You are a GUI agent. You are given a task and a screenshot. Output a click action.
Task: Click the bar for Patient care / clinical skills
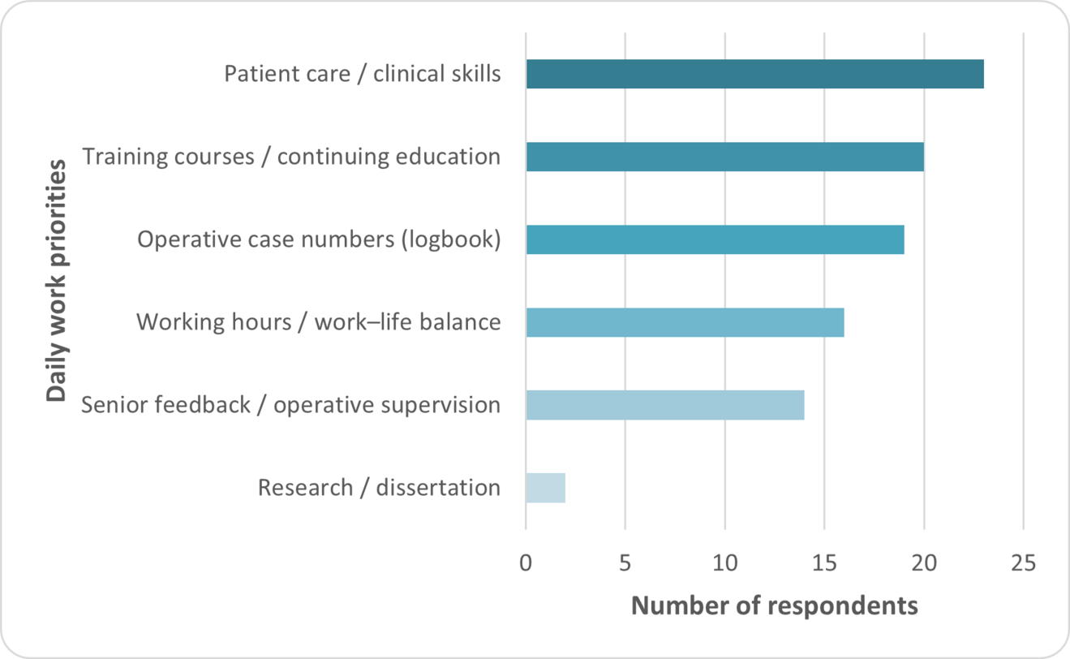pos(754,74)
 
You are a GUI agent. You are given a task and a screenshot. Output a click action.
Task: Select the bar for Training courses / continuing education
pos(724,157)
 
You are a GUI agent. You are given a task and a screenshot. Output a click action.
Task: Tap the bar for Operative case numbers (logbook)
pos(715,239)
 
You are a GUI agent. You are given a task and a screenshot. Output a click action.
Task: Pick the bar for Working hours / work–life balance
pos(685,322)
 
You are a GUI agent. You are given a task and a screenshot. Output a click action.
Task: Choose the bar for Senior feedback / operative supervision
pos(665,405)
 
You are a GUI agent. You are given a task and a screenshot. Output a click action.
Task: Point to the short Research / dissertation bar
pos(545,488)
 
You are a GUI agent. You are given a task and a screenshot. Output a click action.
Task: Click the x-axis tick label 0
pos(526,562)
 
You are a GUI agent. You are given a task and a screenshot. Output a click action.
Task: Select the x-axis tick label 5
pos(625,562)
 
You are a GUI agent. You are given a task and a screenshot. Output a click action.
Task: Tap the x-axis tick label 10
pos(724,562)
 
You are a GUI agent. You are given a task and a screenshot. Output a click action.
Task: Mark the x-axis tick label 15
pos(824,562)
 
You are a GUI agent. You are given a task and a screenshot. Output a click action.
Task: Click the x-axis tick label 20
pos(924,562)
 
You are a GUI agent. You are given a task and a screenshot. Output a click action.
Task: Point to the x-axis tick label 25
pos(1023,562)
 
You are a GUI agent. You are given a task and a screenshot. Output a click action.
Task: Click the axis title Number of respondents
pos(774,606)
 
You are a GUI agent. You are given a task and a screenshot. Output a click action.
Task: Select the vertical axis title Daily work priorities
pos(56,281)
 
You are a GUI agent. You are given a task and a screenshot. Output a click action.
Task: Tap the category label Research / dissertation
pos(379,488)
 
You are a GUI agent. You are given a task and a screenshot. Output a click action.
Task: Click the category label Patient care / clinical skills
pos(362,75)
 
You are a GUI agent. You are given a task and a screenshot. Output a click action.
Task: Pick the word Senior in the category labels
pos(110,404)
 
